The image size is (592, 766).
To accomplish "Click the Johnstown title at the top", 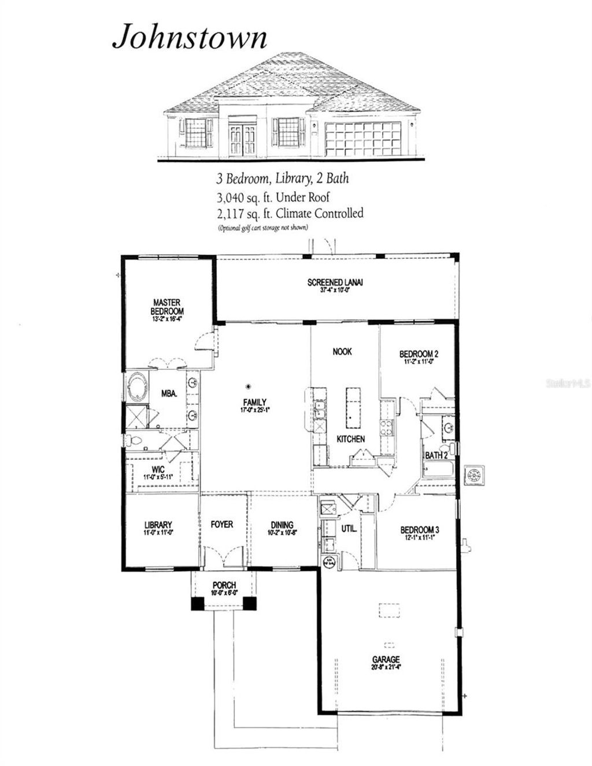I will (x=190, y=37).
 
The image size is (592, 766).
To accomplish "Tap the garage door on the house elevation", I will (x=362, y=139).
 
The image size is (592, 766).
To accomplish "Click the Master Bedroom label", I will (x=167, y=306).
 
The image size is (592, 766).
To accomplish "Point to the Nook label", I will (x=342, y=351).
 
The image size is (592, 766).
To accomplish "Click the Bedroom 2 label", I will (x=419, y=354).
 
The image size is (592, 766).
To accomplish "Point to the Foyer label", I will (x=222, y=524).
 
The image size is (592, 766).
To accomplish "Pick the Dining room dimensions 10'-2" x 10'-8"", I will (x=282, y=533).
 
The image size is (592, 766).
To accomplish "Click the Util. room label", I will (x=349, y=528).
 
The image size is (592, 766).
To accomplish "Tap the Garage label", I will (x=386, y=659).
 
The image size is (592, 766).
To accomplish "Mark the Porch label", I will (x=224, y=585).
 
